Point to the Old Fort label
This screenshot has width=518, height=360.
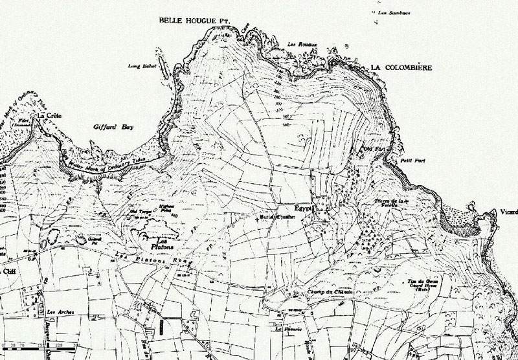pyautogui.click(x=369, y=148)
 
